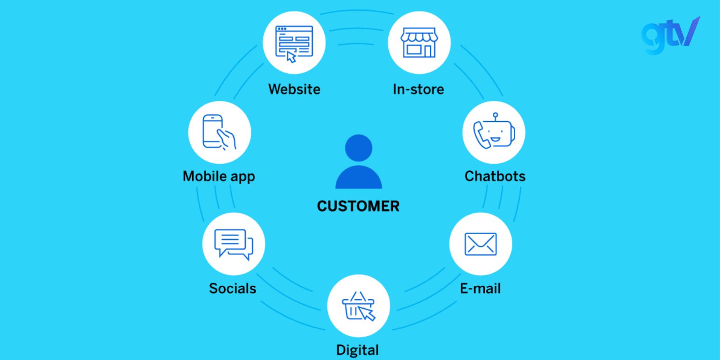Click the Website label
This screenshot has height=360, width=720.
click(x=294, y=89)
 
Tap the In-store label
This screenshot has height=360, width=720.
click(x=418, y=89)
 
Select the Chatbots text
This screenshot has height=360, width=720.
click(x=495, y=176)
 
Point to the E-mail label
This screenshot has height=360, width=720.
click(x=480, y=288)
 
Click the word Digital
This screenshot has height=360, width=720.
click(x=358, y=350)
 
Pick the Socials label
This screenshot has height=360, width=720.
click(x=233, y=288)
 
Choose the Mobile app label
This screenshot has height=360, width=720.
click(x=219, y=176)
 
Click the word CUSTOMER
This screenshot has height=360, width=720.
click(x=358, y=206)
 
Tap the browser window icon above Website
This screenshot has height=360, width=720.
click(x=294, y=43)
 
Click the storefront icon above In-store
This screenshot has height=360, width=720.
click(x=419, y=43)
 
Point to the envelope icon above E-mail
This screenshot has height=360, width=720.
click(x=481, y=244)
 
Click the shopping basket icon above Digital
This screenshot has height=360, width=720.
click(x=358, y=306)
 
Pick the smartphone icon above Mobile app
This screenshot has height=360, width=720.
click(x=219, y=132)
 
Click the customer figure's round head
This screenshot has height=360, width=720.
click(x=359, y=148)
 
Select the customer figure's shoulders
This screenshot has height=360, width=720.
click(x=359, y=178)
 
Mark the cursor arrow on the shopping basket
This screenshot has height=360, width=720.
click(x=367, y=314)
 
